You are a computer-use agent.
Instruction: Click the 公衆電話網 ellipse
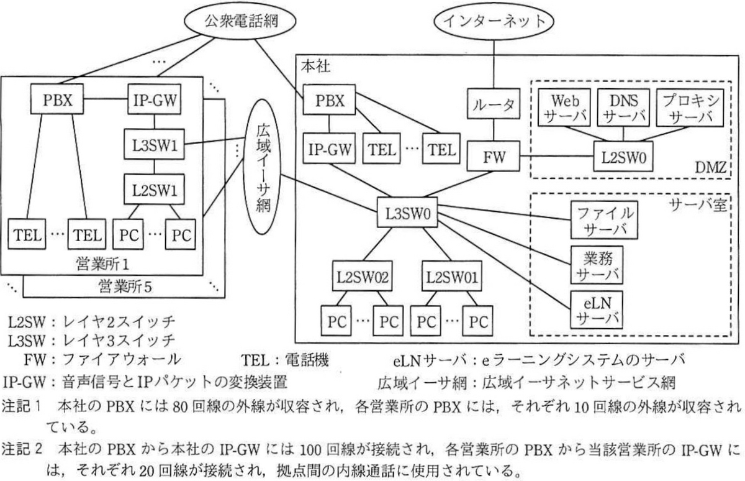(x=240, y=21)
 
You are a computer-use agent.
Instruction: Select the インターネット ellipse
(x=494, y=21)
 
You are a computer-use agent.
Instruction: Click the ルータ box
(x=493, y=104)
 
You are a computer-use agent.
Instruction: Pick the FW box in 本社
(x=493, y=156)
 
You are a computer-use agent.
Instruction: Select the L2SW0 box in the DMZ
(x=623, y=157)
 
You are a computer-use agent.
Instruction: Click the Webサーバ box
(x=564, y=107)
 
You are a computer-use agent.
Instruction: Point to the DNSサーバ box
(x=623, y=107)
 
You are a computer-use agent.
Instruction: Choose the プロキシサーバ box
(x=690, y=107)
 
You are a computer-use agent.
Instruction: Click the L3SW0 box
(x=407, y=213)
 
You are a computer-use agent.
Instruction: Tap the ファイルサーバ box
(x=604, y=220)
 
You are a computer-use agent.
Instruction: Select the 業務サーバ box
(x=597, y=265)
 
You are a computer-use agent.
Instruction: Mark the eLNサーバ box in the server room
(x=597, y=310)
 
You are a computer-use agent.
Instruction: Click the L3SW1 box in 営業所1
(x=154, y=144)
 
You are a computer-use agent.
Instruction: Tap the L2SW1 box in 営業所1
(x=154, y=189)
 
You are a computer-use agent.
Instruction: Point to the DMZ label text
(x=710, y=167)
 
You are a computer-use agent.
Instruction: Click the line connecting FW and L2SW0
(x=557, y=156)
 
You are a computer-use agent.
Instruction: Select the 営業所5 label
(x=125, y=286)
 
